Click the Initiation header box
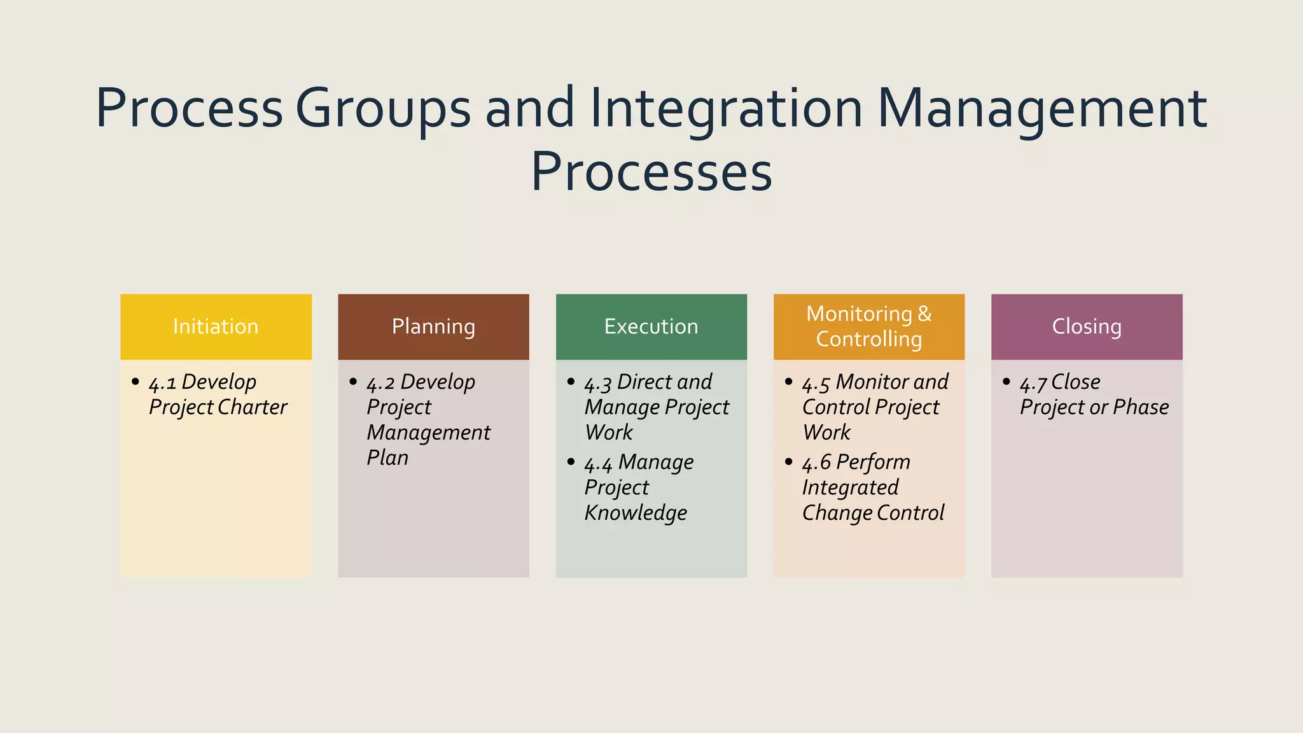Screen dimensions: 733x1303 click(216, 326)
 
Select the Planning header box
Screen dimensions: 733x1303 click(433, 326)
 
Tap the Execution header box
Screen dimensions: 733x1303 click(651, 326)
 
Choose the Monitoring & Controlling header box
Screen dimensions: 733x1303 click(868, 326)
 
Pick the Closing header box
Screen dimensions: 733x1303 click(1087, 326)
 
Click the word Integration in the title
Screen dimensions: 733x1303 click(726, 108)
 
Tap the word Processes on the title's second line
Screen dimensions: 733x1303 click(651, 172)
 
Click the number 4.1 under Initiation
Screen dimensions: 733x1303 click(162, 383)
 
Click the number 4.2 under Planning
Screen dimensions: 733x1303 click(380, 383)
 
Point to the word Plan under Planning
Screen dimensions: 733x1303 click(387, 458)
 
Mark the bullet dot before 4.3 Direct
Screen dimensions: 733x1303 click(571, 382)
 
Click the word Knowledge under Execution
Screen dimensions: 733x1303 click(636, 513)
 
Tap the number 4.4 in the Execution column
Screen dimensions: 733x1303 click(598, 463)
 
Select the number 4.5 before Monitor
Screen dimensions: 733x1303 click(816, 383)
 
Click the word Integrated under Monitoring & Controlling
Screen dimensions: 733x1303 click(850, 487)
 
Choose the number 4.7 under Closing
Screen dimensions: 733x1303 click(1033, 383)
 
